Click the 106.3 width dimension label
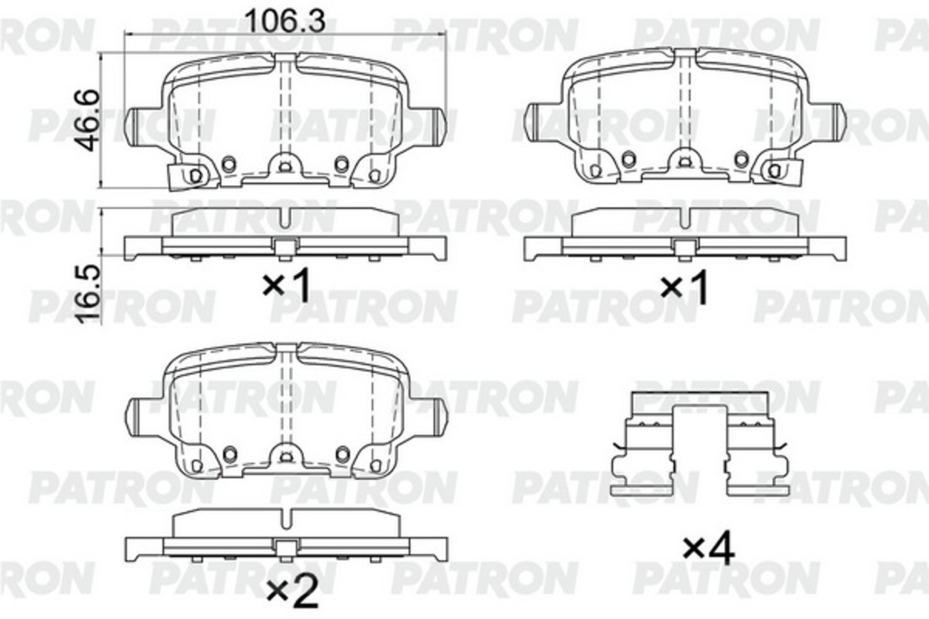[285, 22]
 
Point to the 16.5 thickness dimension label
[87, 294]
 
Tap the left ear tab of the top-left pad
[134, 127]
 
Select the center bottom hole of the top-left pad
[285, 168]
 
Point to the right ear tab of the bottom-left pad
[439, 417]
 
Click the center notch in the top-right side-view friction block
[685, 219]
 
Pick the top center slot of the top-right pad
[685, 55]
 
